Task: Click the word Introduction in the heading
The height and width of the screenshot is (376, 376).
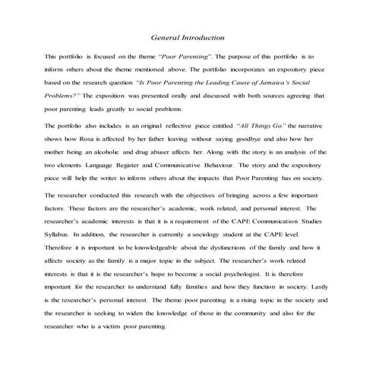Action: (201, 37)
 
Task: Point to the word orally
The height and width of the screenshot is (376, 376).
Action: (160, 96)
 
